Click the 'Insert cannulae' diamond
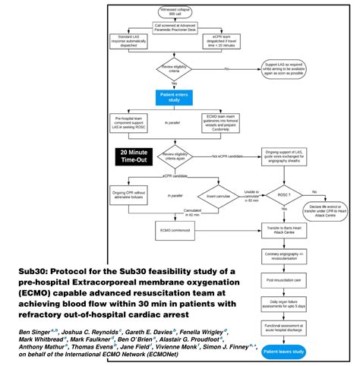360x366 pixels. coord(213,195)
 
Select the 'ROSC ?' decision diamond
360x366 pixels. coord(285,193)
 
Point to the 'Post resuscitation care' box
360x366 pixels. coord(285,280)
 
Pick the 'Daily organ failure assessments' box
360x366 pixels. coord(285,304)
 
